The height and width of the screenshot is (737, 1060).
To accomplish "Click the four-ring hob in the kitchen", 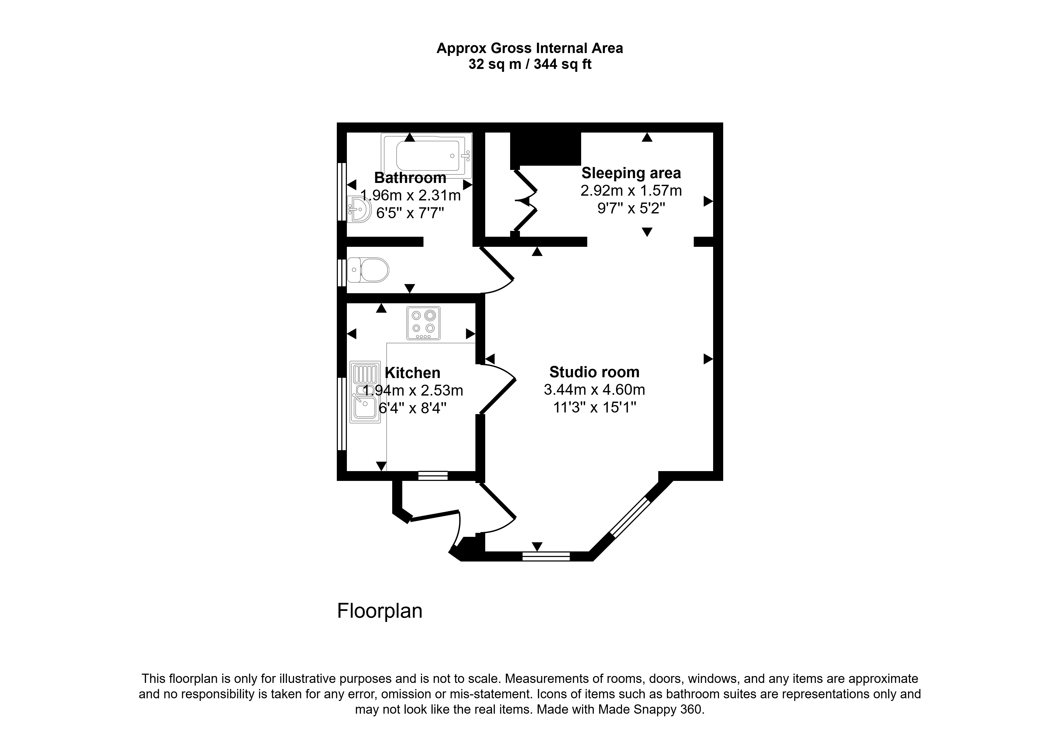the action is [x=423, y=323].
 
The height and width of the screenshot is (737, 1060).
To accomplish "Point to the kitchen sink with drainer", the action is [x=365, y=392].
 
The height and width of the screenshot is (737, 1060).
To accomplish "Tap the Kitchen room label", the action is [x=413, y=373].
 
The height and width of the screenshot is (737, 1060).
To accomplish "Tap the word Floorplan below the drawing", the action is [x=380, y=611].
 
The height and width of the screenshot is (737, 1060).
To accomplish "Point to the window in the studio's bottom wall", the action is [x=546, y=556].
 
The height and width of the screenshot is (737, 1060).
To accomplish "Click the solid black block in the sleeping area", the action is [x=545, y=149].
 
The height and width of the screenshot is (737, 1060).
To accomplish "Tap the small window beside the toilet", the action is [x=342, y=273].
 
